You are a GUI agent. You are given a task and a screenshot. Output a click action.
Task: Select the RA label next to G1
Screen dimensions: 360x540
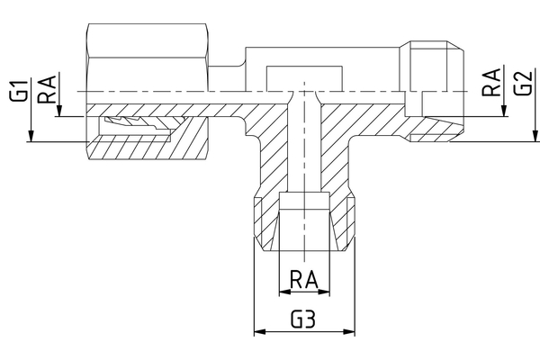pos(46,90)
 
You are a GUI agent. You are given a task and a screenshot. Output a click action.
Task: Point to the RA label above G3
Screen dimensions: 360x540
pos(305,279)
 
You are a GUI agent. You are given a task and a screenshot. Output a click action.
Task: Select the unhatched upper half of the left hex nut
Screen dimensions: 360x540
pos(148,58)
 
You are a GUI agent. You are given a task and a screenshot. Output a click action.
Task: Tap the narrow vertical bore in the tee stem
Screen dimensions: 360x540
pos(308,148)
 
